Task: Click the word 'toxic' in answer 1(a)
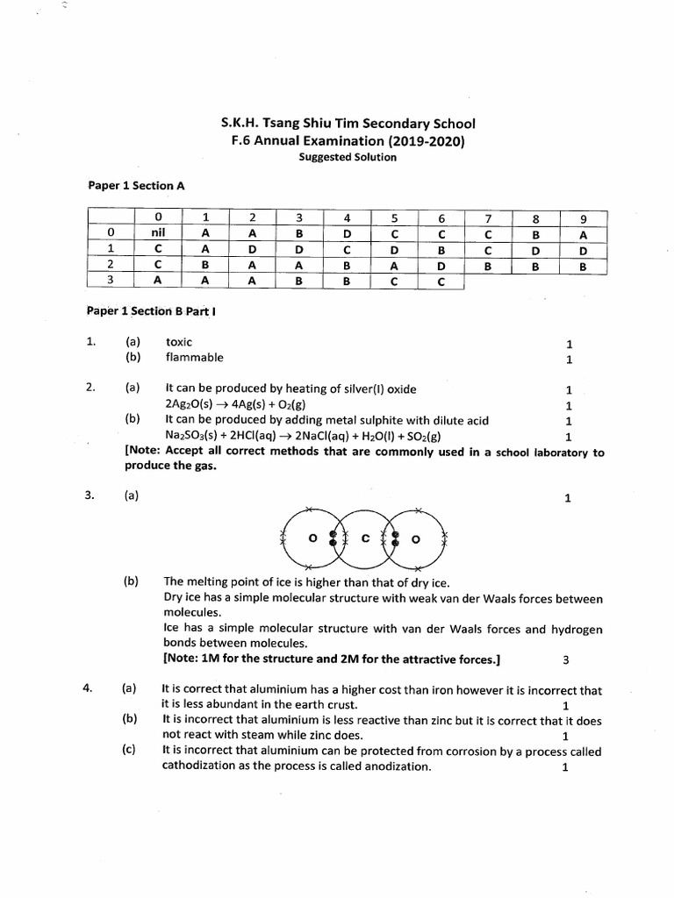(x=178, y=341)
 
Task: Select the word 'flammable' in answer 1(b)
(x=194, y=358)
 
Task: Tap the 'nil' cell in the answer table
(x=158, y=233)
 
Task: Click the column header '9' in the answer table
(x=583, y=218)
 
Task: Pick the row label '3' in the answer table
(x=110, y=281)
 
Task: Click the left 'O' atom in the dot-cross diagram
(x=312, y=539)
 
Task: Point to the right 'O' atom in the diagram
(x=417, y=539)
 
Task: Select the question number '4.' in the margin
(x=89, y=689)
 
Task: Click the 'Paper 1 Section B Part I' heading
(x=144, y=311)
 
